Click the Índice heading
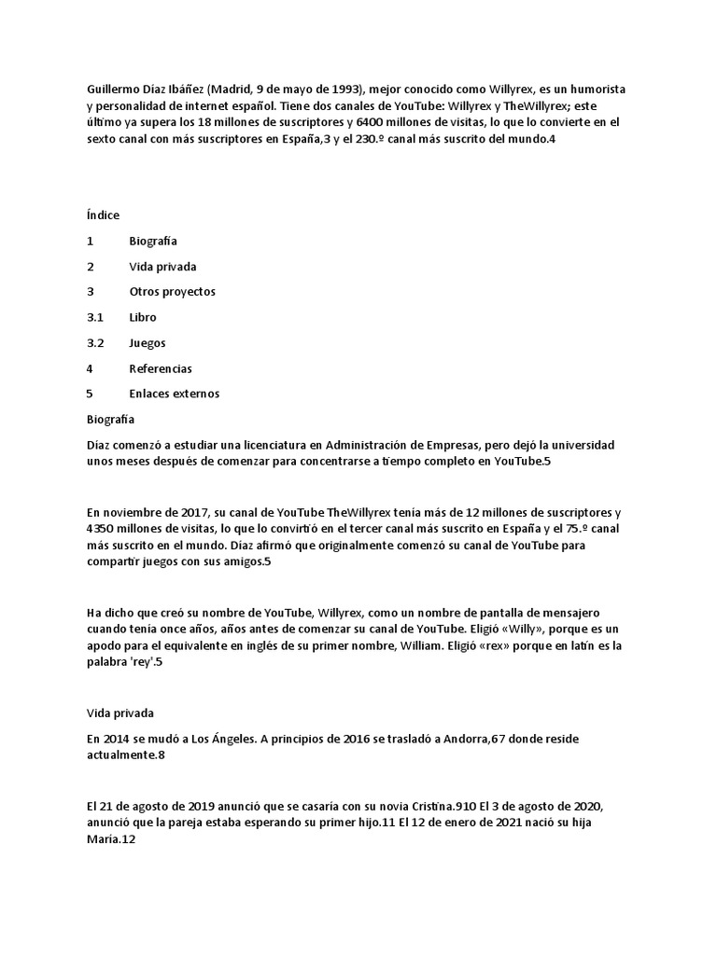[x=104, y=215]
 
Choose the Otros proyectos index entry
[x=173, y=292]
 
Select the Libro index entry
[x=143, y=317]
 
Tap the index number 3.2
[x=95, y=343]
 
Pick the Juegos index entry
[x=148, y=343]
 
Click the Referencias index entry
[x=161, y=368]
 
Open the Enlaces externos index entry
[x=175, y=394]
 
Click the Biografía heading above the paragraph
[x=110, y=419]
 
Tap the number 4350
[x=104, y=530]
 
